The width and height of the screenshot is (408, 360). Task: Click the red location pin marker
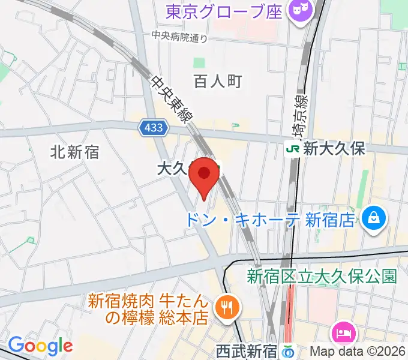pos(204,175)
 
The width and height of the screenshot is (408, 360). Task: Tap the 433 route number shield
pos(152,127)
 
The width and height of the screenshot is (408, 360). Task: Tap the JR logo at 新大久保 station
pos(293,149)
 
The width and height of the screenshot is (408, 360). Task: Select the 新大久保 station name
pos(334,149)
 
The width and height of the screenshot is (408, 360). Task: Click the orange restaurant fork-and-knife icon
pos(227,307)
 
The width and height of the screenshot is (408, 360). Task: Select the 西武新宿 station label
pos(246,350)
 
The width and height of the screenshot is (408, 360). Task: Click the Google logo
pos(40,346)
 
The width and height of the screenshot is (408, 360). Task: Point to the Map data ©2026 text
pos(356,351)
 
